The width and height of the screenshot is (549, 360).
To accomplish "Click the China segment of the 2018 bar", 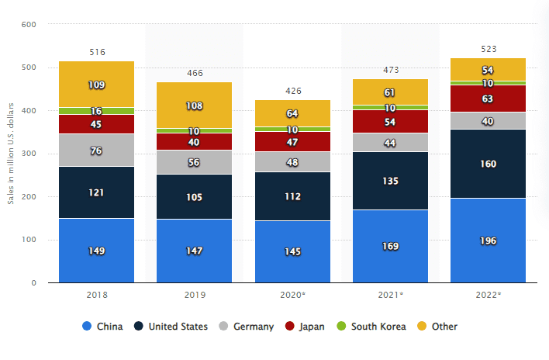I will [x=97, y=250].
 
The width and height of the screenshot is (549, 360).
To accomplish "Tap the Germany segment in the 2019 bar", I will [x=195, y=162].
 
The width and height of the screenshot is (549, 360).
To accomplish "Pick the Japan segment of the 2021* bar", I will [x=390, y=121].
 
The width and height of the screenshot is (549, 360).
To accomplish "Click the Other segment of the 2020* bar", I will [x=292, y=113].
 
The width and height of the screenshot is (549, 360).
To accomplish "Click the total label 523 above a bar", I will [x=488, y=49].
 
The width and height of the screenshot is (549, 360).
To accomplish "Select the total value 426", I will [x=292, y=91].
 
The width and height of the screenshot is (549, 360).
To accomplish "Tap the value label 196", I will [x=488, y=240].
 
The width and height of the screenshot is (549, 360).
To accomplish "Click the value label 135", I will [x=390, y=181].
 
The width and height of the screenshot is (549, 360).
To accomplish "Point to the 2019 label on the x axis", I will [x=195, y=296].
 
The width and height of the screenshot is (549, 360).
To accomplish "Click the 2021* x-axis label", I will [x=390, y=296].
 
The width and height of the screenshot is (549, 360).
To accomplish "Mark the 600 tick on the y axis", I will [x=29, y=25].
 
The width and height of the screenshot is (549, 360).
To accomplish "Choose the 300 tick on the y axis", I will [x=29, y=154].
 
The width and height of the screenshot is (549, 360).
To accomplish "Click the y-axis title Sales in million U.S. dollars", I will [x=11, y=154].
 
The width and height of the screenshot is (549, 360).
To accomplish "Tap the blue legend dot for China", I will [x=87, y=327].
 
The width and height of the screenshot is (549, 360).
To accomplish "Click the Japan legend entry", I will [x=306, y=327].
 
